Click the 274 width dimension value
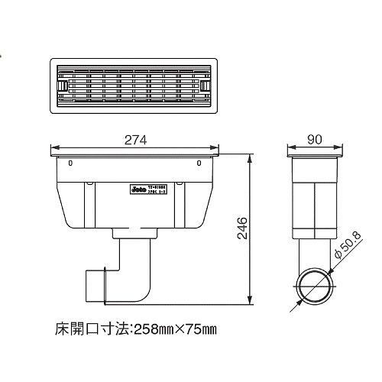tap(135, 140)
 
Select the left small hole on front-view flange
tap(70, 163)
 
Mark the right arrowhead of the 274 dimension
tap(215, 147)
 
